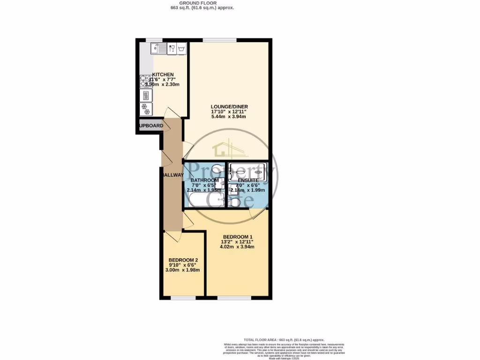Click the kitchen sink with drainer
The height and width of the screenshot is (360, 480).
point(159,48)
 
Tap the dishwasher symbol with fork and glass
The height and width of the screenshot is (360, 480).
point(172,48)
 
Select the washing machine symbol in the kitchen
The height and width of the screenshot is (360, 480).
point(182,48)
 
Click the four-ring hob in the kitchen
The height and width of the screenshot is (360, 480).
point(146,81)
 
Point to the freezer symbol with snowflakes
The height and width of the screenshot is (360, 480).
point(146,109)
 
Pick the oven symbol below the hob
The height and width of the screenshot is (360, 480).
point(146,95)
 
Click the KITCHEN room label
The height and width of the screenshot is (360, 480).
point(163,75)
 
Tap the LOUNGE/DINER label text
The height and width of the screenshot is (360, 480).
point(229,107)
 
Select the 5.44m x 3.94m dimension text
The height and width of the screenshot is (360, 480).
point(229,117)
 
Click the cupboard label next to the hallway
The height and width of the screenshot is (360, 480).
point(150,126)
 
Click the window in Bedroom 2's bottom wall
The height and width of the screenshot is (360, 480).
point(183,298)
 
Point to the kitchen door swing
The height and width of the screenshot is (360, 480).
point(172,112)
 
